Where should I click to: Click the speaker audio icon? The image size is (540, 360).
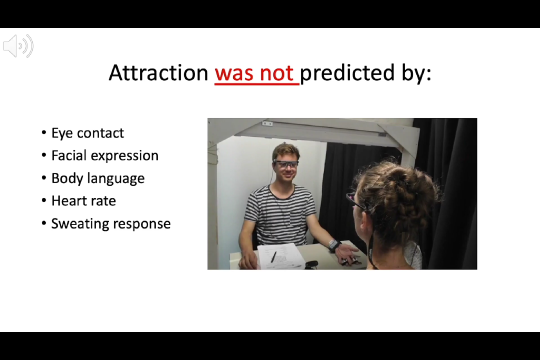[18, 46]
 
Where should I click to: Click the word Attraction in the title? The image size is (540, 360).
[158, 72]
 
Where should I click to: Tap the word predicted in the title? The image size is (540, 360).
[347, 72]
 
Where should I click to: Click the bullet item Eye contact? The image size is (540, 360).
[87, 133]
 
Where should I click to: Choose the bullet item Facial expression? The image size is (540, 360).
[104, 155]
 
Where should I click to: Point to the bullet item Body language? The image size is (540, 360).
[98, 178]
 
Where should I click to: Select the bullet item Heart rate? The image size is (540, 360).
[83, 201]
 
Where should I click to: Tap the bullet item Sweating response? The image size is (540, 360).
[111, 224]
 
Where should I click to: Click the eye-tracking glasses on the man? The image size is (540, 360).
[286, 164]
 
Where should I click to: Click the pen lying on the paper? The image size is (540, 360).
[274, 257]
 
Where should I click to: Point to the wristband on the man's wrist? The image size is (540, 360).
[333, 245]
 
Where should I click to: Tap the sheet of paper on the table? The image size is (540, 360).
[280, 256]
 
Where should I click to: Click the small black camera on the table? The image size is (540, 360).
[311, 265]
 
